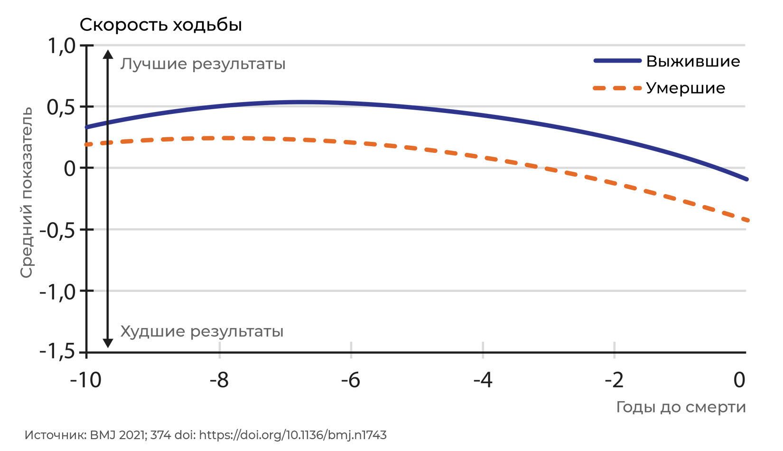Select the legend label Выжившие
click(693, 61)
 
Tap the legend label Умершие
click(685, 88)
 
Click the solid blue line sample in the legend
click(618, 61)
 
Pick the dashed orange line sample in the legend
click(618, 88)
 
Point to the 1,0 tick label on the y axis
click(62, 46)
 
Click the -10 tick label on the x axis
click(85, 380)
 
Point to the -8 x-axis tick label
click(219, 380)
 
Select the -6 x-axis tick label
click(351, 380)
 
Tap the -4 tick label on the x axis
click(483, 380)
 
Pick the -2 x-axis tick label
click(614, 380)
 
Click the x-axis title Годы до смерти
click(681, 407)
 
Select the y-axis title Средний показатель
click(26, 193)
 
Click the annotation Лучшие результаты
click(203, 65)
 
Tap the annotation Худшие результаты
click(202, 331)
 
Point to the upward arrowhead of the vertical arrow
click(108, 54)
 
